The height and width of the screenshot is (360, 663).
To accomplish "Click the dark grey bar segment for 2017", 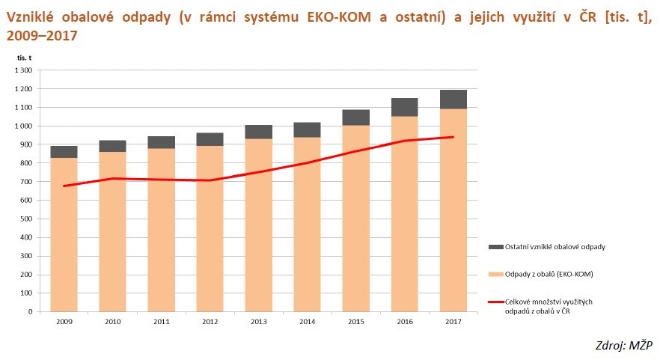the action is coord(453,100).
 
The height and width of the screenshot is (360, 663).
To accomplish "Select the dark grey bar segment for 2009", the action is coord(64,152).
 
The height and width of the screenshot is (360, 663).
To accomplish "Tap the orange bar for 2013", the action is coord(259,225).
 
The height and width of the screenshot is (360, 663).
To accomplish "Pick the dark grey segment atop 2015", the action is coord(356,118).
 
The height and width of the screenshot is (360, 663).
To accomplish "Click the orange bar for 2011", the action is coord(162,230).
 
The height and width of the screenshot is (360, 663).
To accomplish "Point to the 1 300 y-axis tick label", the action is coord(24,70).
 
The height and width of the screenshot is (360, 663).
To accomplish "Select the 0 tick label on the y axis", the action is coord(31,312).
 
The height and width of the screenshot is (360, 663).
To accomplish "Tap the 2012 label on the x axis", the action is coord(210,322).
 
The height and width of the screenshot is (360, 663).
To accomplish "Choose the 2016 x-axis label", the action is coord(405,322).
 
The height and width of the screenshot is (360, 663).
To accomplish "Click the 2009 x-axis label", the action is coord(64,322).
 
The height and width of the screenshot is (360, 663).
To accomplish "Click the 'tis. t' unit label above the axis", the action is coord(24,58).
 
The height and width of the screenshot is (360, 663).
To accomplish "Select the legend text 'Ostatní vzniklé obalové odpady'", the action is coord(554,247).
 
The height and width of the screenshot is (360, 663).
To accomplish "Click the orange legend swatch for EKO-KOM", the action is coord(496,275).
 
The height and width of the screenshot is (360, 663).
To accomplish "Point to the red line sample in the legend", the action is coord(496,302).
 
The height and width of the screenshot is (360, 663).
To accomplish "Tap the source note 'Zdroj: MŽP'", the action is coord(624,345).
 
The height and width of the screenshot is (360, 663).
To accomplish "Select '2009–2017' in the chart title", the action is coord(42,36).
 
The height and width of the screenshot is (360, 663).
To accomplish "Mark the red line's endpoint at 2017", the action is coord(453,137).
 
